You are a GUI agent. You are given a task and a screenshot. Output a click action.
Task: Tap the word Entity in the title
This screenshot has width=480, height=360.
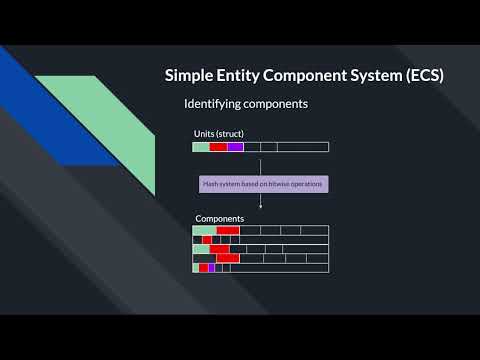click(241, 76)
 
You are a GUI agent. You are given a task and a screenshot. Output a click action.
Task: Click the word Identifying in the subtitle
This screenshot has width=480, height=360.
click(215, 104)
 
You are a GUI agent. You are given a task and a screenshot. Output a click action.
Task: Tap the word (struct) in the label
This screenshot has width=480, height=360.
click(231, 133)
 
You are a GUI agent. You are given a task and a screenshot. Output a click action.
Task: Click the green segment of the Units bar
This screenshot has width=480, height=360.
click(201, 147)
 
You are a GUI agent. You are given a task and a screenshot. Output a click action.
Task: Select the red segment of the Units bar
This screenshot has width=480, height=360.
click(218, 147)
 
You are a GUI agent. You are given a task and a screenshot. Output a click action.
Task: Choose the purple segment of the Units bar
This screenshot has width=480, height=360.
click(235, 147)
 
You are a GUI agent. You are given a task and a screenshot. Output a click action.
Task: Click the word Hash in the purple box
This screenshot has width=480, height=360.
click(211, 184)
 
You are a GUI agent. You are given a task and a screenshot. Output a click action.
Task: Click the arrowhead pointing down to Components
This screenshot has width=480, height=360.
click(260, 207)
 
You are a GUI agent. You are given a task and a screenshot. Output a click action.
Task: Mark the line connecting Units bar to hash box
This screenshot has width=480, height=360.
click(260, 164)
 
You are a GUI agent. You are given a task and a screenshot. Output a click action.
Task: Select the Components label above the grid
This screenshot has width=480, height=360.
click(219, 218)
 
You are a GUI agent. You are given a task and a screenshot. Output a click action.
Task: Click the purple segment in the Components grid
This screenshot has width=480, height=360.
click(211, 268)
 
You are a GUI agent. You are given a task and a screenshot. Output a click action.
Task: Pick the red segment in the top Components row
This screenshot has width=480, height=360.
click(228, 230)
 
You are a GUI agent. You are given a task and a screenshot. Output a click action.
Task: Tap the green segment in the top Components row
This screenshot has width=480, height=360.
click(204, 230)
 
